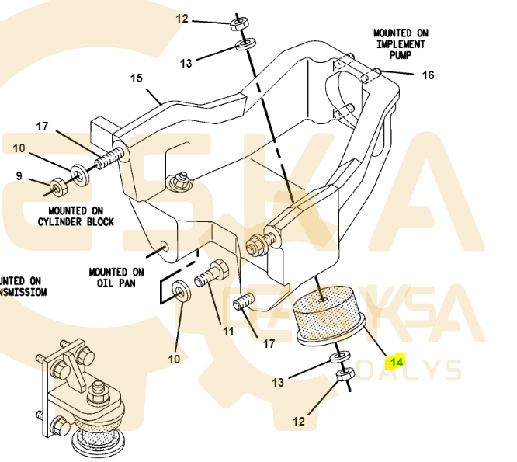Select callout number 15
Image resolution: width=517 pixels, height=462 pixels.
pos(137,78)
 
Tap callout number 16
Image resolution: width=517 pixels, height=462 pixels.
pos(428,75)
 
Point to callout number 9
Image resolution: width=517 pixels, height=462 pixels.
pos(19,176)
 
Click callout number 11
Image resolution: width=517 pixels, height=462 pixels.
pos(228,332)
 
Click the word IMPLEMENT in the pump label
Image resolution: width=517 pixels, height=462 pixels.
pos(401,44)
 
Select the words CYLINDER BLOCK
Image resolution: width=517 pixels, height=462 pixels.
pos(76,221)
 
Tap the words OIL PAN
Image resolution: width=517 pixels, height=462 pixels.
pos(116,283)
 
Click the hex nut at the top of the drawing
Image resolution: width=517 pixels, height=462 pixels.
pos(239,22)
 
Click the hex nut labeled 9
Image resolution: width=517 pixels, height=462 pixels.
pos(57,186)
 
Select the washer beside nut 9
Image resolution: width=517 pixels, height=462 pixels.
pos(80,172)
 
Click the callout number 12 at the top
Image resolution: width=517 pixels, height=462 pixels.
pos(182,18)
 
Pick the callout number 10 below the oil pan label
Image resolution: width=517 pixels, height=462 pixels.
pos(175,359)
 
